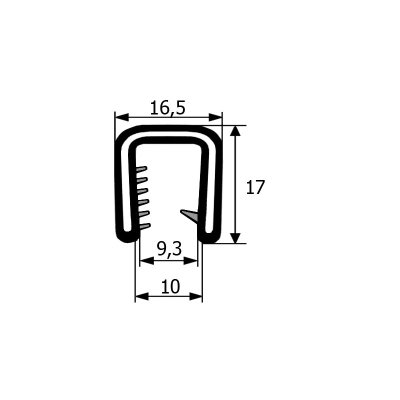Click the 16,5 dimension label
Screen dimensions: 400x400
coord(167,108)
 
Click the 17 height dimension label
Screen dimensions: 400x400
coord(255,187)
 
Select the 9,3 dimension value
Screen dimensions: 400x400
coord(169,249)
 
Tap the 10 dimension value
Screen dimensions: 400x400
coord(170,286)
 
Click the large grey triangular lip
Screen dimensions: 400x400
coord(190,215)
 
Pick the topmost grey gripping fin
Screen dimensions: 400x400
coord(142,169)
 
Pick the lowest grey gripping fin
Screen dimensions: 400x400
coord(145,226)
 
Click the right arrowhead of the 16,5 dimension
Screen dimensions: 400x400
coord(215,118)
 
